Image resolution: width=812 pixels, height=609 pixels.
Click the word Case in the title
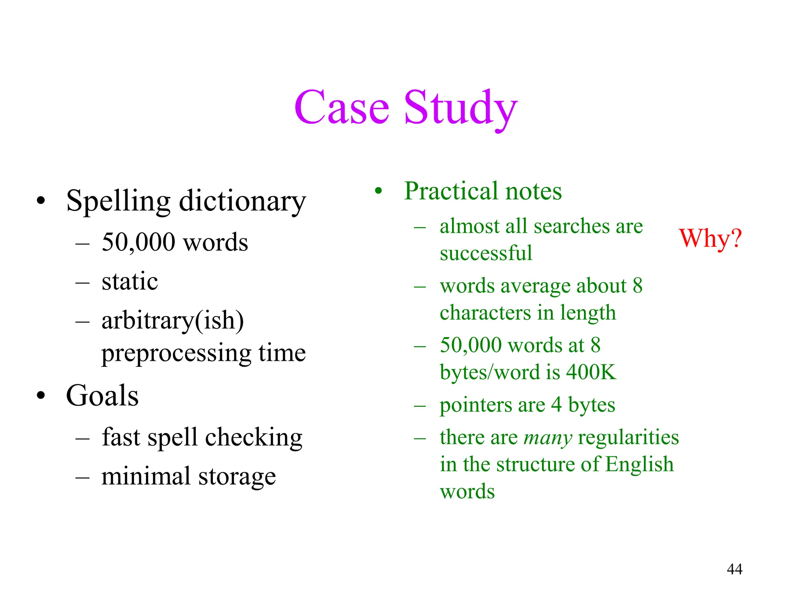[x=341, y=108]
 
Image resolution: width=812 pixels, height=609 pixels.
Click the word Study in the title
[x=461, y=108]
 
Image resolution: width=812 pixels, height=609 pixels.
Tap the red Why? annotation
[x=710, y=239]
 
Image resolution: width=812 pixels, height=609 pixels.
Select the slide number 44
[x=735, y=569]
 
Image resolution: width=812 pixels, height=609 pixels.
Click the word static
[x=130, y=282]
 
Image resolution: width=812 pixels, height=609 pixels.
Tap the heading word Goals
[x=102, y=396]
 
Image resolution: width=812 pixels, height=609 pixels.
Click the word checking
[x=254, y=438]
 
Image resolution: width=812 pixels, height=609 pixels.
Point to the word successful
[x=486, y=253]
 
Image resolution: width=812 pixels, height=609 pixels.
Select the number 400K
[x=591, y=372]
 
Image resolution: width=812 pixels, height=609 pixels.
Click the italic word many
[x=548, y=438]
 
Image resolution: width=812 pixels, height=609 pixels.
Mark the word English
[x=640, y=464]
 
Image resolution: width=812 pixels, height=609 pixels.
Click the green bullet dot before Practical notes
[x=379, y=191]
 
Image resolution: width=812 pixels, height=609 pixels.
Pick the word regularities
[x=628, y=437]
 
